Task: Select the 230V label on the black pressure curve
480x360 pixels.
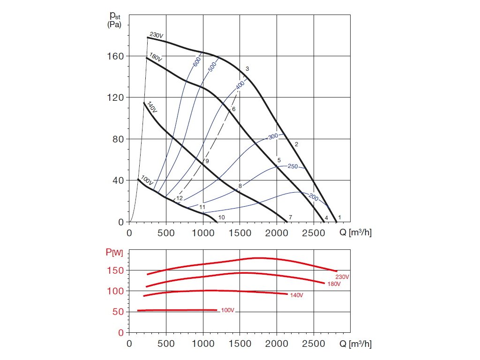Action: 156,35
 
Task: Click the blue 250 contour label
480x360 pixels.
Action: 293,166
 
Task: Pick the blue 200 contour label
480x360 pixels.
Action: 313,198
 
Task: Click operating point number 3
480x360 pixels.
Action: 247,69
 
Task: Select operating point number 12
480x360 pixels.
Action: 179,198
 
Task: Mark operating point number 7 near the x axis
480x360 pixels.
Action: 290,217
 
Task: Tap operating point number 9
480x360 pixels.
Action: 207,161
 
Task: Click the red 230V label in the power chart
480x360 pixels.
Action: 342,277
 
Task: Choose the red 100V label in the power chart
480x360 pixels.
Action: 227,311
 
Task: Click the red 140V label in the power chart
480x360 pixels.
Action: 296,295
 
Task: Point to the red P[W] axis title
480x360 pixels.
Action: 114,253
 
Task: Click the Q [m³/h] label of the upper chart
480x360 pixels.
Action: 356,232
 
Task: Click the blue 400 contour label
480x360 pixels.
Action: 240,85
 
